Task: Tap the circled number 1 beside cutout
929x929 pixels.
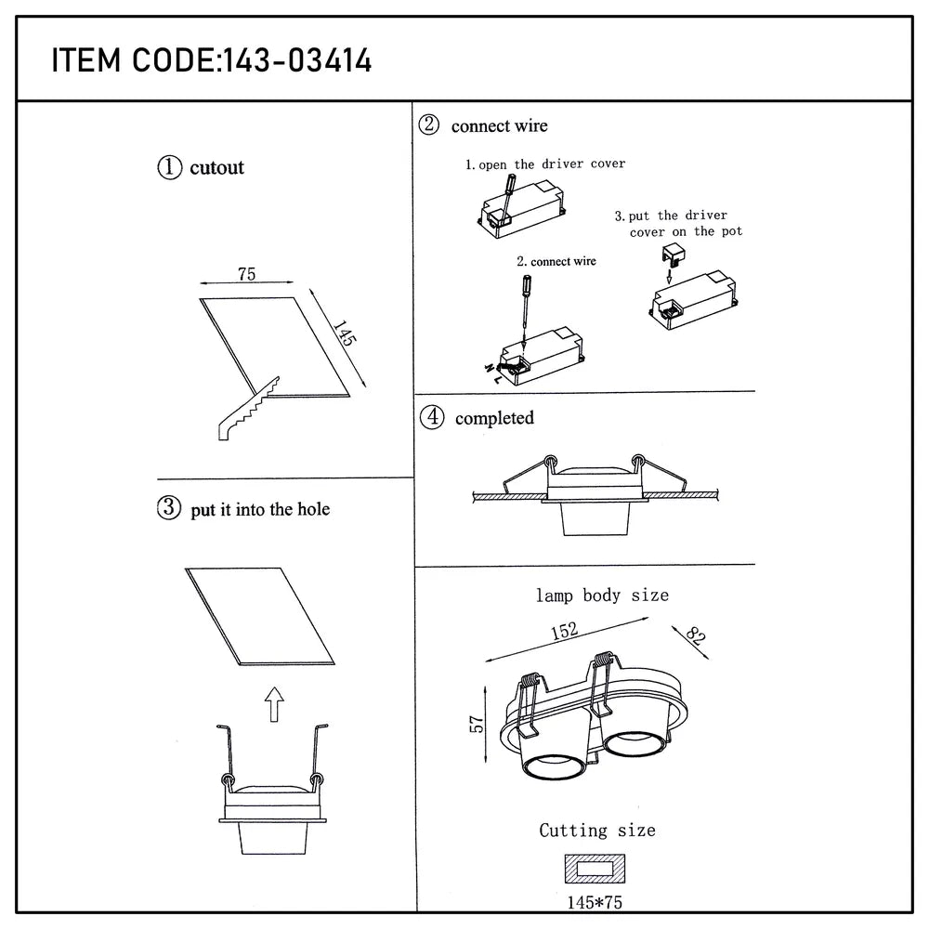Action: tap(169, 167)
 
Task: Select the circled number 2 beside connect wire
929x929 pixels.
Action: tap(429, 125)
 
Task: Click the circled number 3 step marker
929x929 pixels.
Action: tap(169, 508)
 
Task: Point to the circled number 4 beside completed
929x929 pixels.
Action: tap(431, 417)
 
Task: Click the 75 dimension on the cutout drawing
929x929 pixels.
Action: tap(246, 274)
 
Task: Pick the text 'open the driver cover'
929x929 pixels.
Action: tap(552, 164)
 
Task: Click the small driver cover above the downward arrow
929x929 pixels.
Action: tap(672, 253)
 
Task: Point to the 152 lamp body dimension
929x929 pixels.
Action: tap(564, 631)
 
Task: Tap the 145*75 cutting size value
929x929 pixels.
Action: tap(595, 901)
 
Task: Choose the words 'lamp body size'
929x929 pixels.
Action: tap(601, 595)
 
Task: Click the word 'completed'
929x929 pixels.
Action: tap(494, 418)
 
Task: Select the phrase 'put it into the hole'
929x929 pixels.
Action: tap(260, 509)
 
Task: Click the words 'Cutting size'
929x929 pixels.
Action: tap(597, 830)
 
